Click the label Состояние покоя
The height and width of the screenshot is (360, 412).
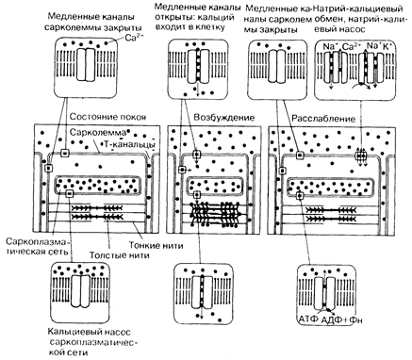point(107,117)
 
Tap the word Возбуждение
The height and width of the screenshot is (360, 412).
point(224,118)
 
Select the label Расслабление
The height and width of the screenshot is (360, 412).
point(323,119)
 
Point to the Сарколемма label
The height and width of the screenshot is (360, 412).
point(98,132)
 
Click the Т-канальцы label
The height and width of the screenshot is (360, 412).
point(128,145)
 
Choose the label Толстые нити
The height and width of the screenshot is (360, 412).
point(119,254)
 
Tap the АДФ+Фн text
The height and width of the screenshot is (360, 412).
point(342,319)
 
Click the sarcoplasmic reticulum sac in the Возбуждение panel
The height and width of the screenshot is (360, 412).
point(215,185)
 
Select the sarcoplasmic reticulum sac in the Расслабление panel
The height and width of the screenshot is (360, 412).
point(332,186)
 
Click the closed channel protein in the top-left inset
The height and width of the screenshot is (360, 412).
point(86,64)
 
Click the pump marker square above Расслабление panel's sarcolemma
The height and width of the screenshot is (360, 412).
point(361,155)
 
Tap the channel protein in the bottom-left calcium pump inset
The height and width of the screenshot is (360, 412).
point(80,291)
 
